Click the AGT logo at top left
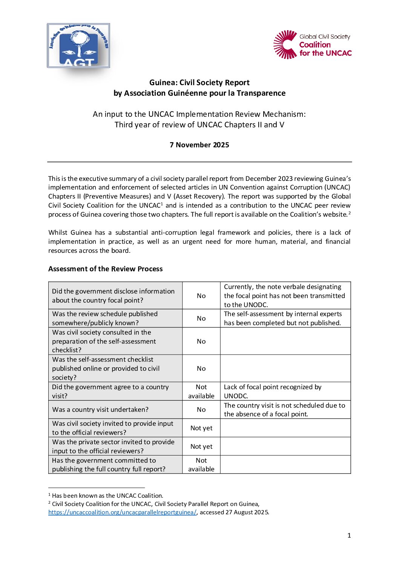(x=78, y=46)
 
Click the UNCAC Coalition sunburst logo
(x=285, y=44)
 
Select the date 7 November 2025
(x=199, y=145)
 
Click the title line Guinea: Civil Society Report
(x=199, y=83)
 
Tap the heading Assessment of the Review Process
(x=105, y=269)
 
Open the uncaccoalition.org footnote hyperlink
(x=122, y=512)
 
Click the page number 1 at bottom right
(x=349, y=535)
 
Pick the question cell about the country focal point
(x=113, y=296)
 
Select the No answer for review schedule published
(x=201, y=318)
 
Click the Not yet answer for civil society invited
(x=201, y=428)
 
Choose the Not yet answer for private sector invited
(x=201, y=446)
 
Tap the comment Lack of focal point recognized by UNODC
(x=272, y=391)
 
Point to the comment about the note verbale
(x=284, y=296)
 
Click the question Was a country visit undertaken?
(x=100, y=410)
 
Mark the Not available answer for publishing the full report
(x=201, y=465)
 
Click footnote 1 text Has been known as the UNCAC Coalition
(x=107, y=496)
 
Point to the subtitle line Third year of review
(x=199, y=125)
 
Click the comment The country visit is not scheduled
(x=284, y=410)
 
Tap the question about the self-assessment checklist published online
(x=106, y=368)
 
